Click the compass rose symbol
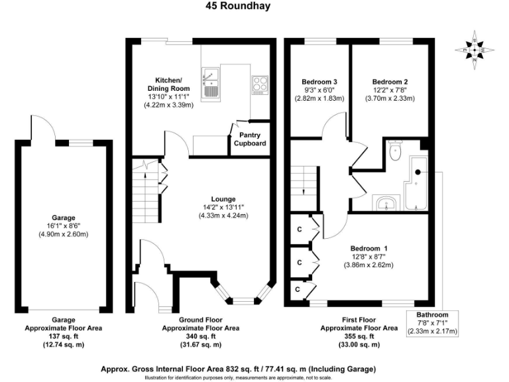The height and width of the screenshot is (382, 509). [x=475, y=50]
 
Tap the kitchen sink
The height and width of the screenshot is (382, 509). [x=210, y=82]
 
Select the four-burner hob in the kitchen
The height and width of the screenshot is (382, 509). [x=260, y=86]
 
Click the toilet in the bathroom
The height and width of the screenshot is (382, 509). [x=396, y=151]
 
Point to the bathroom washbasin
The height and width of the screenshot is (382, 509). [x=386, y=203]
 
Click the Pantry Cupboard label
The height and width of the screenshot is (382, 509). [x=250, y=139]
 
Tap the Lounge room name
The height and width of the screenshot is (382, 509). [x=223, y=199]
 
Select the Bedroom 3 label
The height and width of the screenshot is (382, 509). [x=319, y=82]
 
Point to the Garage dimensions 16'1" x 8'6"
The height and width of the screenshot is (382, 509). [x=64, y=226]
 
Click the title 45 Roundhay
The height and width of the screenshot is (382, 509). [x=238, y=5]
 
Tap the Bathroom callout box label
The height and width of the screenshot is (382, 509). [x=432, y=315]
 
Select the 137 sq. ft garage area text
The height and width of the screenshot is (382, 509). [x=64, y=336]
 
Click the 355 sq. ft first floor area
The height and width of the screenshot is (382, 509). [x=359, y=336]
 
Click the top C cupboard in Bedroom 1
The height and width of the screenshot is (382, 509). [x=300, y=229]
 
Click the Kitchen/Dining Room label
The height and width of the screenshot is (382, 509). [x=168, y=84]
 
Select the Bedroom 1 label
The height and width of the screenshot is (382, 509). [x=368, y=249]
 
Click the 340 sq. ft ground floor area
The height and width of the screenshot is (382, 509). [x=201, y=336]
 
